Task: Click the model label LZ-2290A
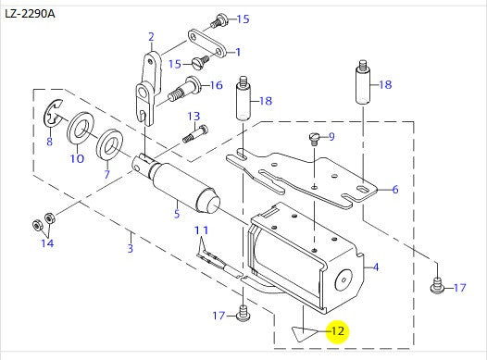30,14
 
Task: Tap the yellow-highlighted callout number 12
338,331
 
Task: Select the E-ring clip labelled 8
53,113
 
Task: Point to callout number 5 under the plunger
177,214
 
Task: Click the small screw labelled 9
314,139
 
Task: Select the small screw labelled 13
195,133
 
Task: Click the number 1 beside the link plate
238,52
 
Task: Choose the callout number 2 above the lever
151,37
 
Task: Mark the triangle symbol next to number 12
304,333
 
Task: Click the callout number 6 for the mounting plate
395,189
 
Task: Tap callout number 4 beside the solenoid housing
376,267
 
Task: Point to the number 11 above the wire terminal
201,230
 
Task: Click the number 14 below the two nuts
47,243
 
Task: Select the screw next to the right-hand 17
437,286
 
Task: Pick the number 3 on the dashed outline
131,248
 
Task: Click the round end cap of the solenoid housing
343,279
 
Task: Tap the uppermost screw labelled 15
219,20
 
